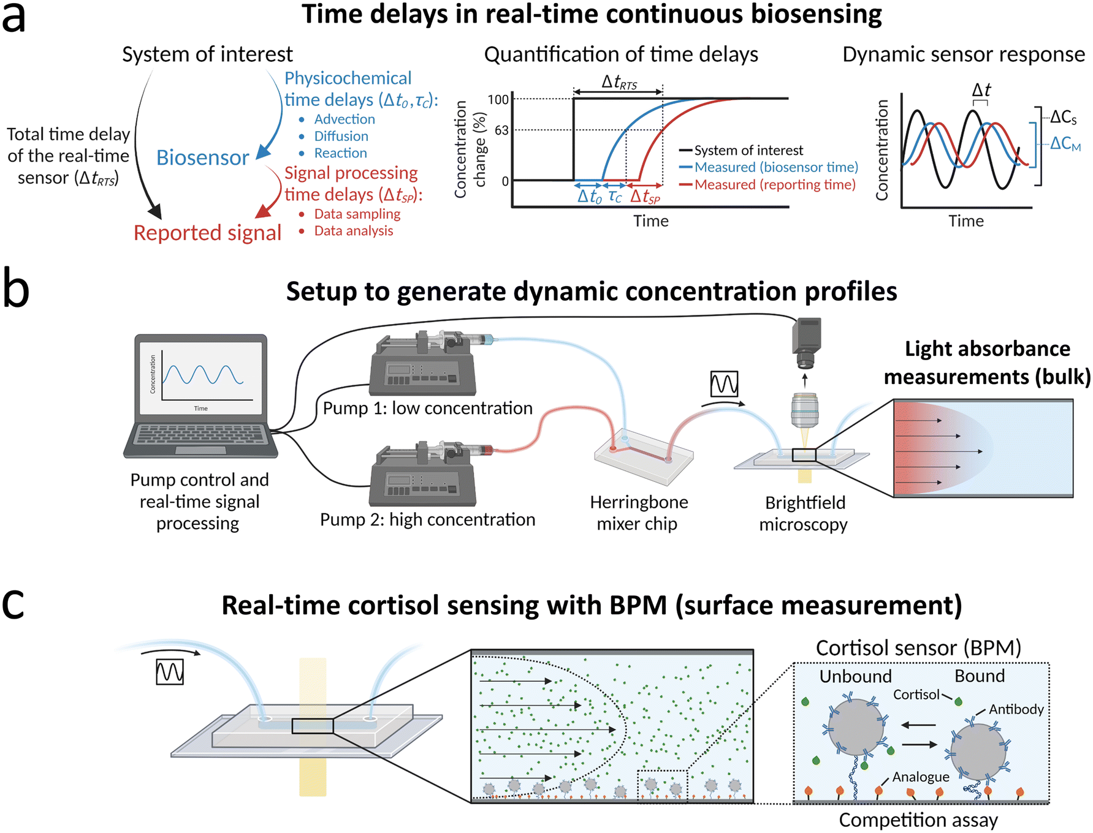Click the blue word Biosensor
tap(202, 157)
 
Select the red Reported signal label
tap(207, 233)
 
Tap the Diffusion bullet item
tap(341, 136)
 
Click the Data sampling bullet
tap(357, 214)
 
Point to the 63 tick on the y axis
tap(501, 130)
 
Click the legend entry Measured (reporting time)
tap(774, 184)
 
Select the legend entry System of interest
tap(748, 150)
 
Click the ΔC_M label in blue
tap(1065, 144)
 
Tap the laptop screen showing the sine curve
tap(201, 377)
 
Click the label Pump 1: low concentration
tap(427, 408)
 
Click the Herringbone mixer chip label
tap(638, 513)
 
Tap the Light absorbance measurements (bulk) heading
tap(987, 362)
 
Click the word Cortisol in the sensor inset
tap(916, 695)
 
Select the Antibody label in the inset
tap(1016, 709)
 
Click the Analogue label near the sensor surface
tap(920, 777)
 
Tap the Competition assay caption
tap(918, 820)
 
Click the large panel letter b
tap(16, 288)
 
